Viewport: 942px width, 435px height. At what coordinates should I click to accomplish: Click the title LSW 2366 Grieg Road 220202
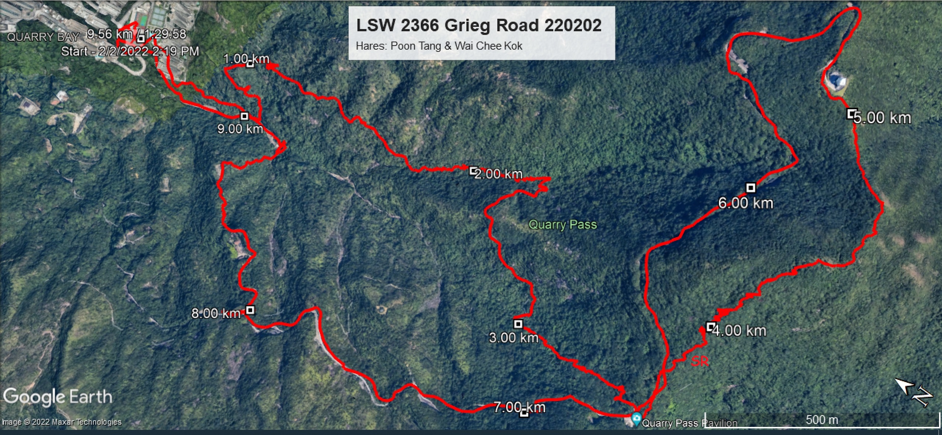pos(479,25)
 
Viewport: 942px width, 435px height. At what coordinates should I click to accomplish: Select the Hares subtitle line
pos(439,46)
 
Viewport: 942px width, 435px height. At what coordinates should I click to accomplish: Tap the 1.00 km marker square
pos(250,64)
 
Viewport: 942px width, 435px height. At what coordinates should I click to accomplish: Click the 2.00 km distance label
pos(498,174)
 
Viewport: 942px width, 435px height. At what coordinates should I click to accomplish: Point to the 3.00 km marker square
pos(518,324)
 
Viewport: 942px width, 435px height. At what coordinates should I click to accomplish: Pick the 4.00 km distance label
pos(740,331)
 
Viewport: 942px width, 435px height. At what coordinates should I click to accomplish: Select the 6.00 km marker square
pos(751,188)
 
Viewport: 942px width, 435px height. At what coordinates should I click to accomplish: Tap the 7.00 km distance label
pos(519,407)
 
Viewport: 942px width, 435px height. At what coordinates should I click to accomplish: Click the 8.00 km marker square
pos(250,310)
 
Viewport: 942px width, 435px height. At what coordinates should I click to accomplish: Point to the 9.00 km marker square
pos(244,116)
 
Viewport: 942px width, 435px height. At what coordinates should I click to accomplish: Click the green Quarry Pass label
pos(562,224)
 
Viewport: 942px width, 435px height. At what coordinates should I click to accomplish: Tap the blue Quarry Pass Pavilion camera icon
pos(636,419)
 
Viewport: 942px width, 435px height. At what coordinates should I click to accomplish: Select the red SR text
pos(699,362)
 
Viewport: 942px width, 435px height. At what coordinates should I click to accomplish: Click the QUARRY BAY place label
pos(43,37)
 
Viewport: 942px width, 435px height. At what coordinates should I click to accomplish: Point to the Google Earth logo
pos(57,397)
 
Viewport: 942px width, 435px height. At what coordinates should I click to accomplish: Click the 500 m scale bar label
pos(822,420)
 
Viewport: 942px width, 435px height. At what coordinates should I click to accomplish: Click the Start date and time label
pos(130,51)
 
